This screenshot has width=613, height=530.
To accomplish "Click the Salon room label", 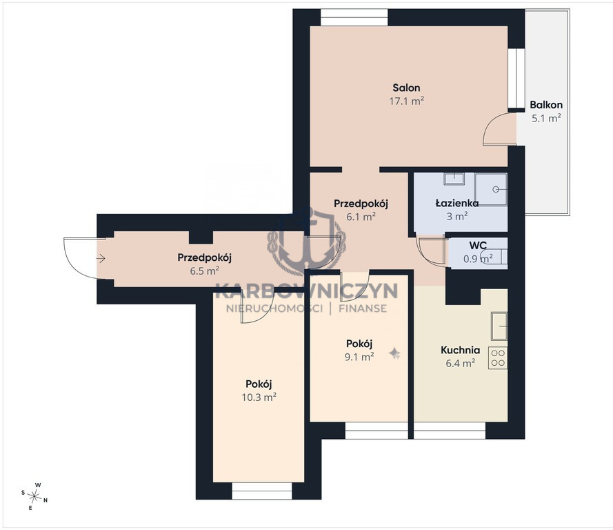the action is pyautogui.click(x=407, y=88).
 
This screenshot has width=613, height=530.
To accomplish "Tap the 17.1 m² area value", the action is pyautogui.click(x=407, y=101).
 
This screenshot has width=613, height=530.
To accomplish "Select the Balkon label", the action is pyautogui.click(x=546, y=105).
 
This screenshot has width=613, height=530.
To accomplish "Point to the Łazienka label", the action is pyautogui.click(x=457, y=203).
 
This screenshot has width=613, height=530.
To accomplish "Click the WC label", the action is pyautogui.click(x=478, y=246).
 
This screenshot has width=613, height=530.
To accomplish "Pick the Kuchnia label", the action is pyautogui.click(x=460, y=350).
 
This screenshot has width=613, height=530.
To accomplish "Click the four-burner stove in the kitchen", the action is pyautogui.click(x=498, y=358).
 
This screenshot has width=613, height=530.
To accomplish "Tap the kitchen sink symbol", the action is pyautogui.click(x=499, y=326).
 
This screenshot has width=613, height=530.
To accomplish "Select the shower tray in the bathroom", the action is pyautogui.click(x=491, y=189).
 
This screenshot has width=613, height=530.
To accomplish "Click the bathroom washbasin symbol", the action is pyautogui.click(x=454, y=179).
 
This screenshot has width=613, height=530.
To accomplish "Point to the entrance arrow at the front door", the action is pyautogui.click(x=101, y=258).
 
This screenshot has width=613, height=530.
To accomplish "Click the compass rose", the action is pyautogui.click(x=34, y=496).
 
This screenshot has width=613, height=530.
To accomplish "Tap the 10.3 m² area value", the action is pyautogui.click(x=259, y=397).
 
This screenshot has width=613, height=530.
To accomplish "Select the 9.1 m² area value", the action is pyautogui.click(x=359, y=357).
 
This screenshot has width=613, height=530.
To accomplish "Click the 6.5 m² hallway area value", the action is pyautogui.click(x=205, y=271).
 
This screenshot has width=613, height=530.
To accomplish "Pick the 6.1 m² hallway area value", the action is pyautogui.click(x=361, y=216).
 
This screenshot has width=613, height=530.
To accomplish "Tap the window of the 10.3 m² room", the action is pyautogui.click(x=262, y=491).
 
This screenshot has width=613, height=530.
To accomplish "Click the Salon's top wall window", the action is pyautogui.click(x=354, y=17).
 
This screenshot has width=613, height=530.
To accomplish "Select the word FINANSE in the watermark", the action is pyautogui.click(x=363, y=308).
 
